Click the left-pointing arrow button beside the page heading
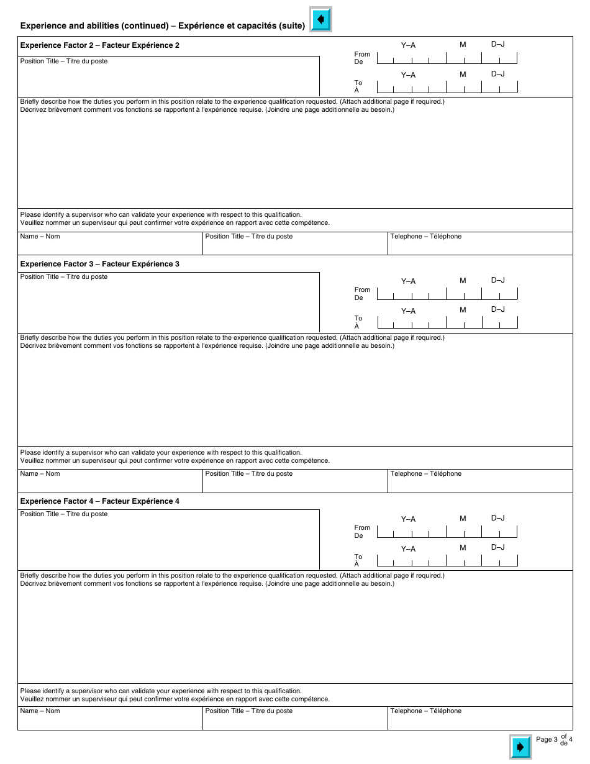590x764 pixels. [x=320, y=19]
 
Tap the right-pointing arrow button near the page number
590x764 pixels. [x=520, y=747]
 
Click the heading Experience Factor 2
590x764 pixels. [x=100, y=45]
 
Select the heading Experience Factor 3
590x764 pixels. [x=100, y=264]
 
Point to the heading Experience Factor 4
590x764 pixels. [x=100, y=501]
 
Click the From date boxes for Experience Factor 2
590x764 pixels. [x=447, y=58]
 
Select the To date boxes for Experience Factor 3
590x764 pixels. [x=447, y=323]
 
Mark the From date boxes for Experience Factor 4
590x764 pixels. [x=447, y=532]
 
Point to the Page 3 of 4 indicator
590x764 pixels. [x=554, y=739]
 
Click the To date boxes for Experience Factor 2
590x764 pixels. [x=447, y=87]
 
